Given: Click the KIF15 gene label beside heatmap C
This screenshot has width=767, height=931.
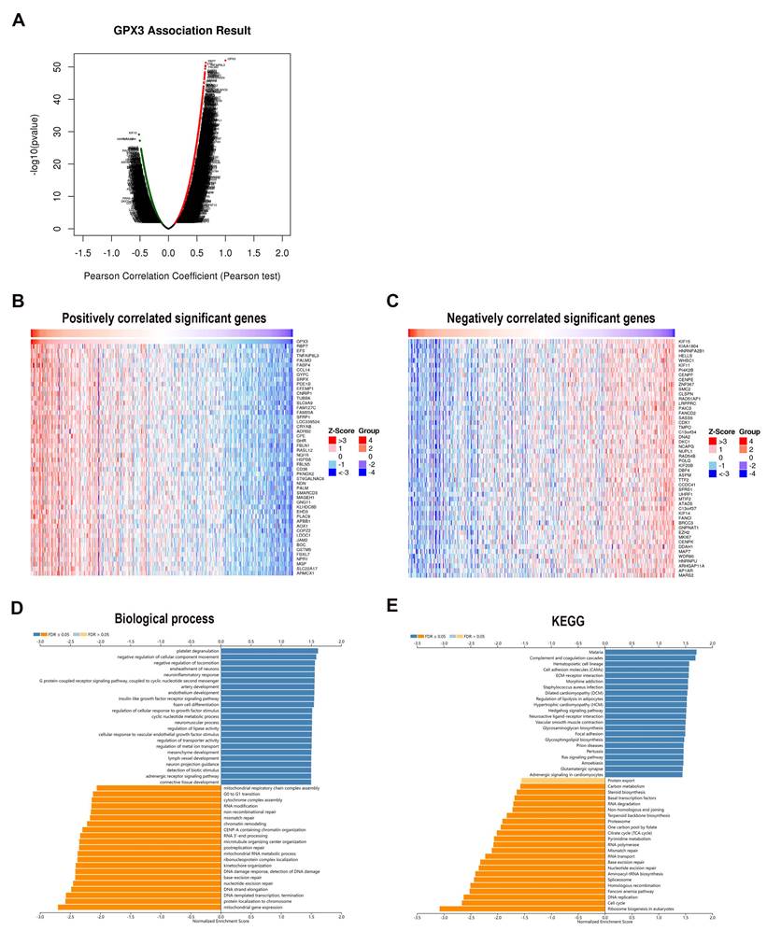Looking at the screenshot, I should pos(684,344).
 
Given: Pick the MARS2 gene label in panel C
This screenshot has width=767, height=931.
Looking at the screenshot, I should pos(686,575).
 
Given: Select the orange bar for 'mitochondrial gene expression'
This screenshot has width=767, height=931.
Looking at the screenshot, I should pos(139,907).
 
